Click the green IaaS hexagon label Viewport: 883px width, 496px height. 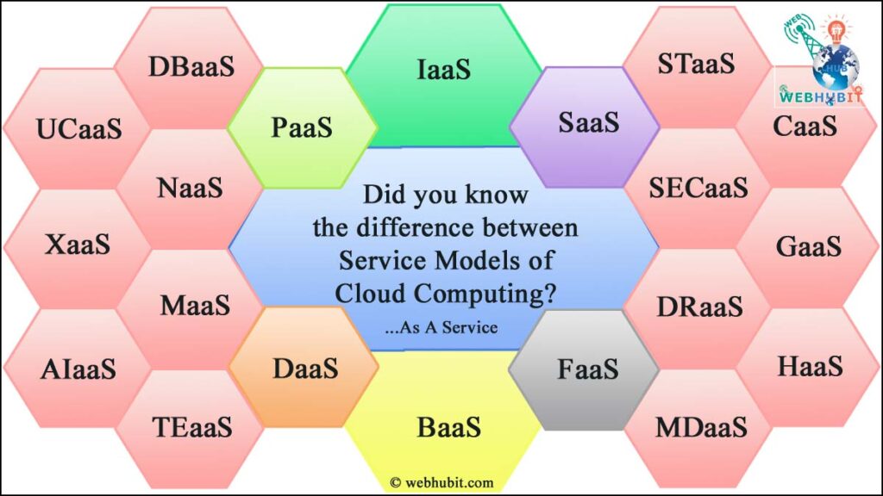pyautogui.click(x=444, y=70)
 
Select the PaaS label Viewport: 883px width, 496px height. pyautogui.click(x=301, y=128)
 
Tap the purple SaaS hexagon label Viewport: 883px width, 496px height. pyautogui.click(x=588, y=122)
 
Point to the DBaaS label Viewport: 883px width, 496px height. pyautogui.click(x=191, y=66)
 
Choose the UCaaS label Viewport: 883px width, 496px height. pyautogui.click(x=78, y=129)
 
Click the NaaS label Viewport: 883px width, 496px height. pyautogui.click(x=190, y=187)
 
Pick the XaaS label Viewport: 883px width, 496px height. pyautogui.click(x=78, y=245)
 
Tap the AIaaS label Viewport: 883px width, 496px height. pyautogui.click(x=78, y=369)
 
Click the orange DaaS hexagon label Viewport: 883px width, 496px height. pyautogui.click(x=304, y=369)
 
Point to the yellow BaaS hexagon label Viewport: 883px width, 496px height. pyautogui.click(x=448, y=426)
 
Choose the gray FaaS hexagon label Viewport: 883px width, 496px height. pyautogui.click(x=587, y=369)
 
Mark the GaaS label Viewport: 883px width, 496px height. pyautogui.click(x=808, y=246)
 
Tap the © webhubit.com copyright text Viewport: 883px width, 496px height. pyautogui.click(x=441, y=483)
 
